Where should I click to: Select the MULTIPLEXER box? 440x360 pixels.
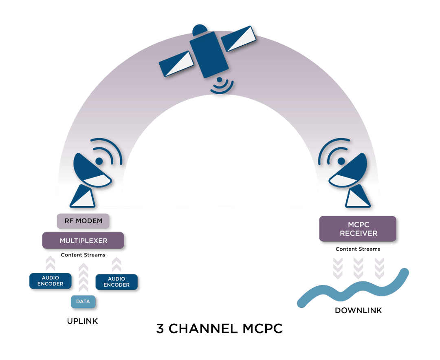pyautogui.click(x=83, y=241)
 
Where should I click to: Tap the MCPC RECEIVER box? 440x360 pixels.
pyautogui.click(x=359, y=229)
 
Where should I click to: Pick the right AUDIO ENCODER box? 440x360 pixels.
pyautogui.click(x=117, y=282)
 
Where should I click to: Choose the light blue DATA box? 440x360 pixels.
pyautogui.click(x=83, y=302)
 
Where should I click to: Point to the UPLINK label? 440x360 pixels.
pyautogui.click(x=83, y=321)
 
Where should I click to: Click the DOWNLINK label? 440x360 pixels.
pyautogui.click(x=358, y=310)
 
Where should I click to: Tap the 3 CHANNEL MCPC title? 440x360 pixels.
pyautogui.click(x=219, y=329)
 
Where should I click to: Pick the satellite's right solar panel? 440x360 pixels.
pyautogui.click(x=241, y=40)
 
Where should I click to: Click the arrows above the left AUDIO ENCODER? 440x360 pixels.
pyautogui.click(x=51, y=263)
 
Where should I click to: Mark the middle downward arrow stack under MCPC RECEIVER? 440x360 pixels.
pyautogui.click(x=358, y=267)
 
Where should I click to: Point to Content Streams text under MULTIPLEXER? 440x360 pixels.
pyautogui.click(x=83, y=255)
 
